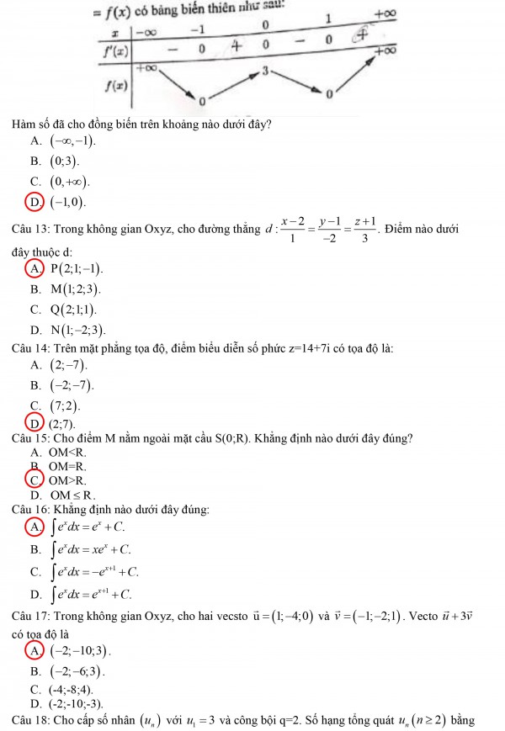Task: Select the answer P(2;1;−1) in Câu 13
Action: point(76,268)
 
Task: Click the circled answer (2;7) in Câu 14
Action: point(64,423)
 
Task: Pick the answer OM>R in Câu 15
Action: point(68,480)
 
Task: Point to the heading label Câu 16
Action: point(29,509)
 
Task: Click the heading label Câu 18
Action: point(29,719)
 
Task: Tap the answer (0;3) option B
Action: point(65,161)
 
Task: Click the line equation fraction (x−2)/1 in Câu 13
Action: point(293,230)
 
